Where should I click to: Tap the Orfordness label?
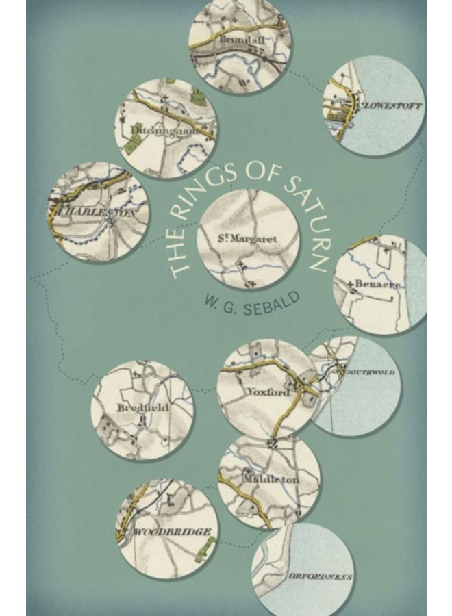click(x=321, y=577)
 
